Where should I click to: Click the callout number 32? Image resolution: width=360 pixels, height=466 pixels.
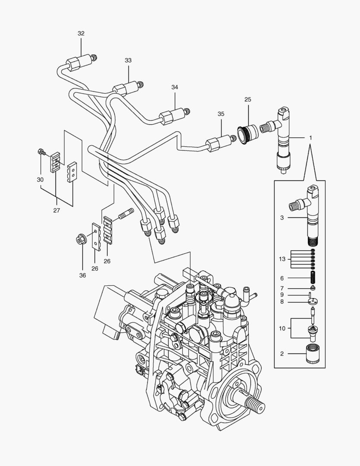tap(81, 33)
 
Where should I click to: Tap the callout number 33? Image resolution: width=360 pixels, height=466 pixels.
tap(128, 60)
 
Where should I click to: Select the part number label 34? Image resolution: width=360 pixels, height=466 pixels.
tap(175, 87)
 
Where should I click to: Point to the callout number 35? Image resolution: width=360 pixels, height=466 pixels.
tap(221, 114)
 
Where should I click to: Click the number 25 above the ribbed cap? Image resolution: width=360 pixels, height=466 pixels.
tap(248, 100)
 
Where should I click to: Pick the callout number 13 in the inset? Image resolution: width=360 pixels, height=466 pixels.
tap(282, 259)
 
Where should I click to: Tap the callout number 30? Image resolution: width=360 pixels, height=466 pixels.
tap(40, 179)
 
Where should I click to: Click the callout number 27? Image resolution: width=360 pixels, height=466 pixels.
tap(56, 211)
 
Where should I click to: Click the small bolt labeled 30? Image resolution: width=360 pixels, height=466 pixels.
tap(41, 152)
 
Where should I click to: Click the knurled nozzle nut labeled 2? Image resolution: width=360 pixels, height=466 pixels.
tap(313, 354)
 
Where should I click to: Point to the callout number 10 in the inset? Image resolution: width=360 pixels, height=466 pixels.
tap(282, 328)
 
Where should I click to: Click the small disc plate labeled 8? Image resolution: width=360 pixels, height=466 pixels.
tap(313, 302)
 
